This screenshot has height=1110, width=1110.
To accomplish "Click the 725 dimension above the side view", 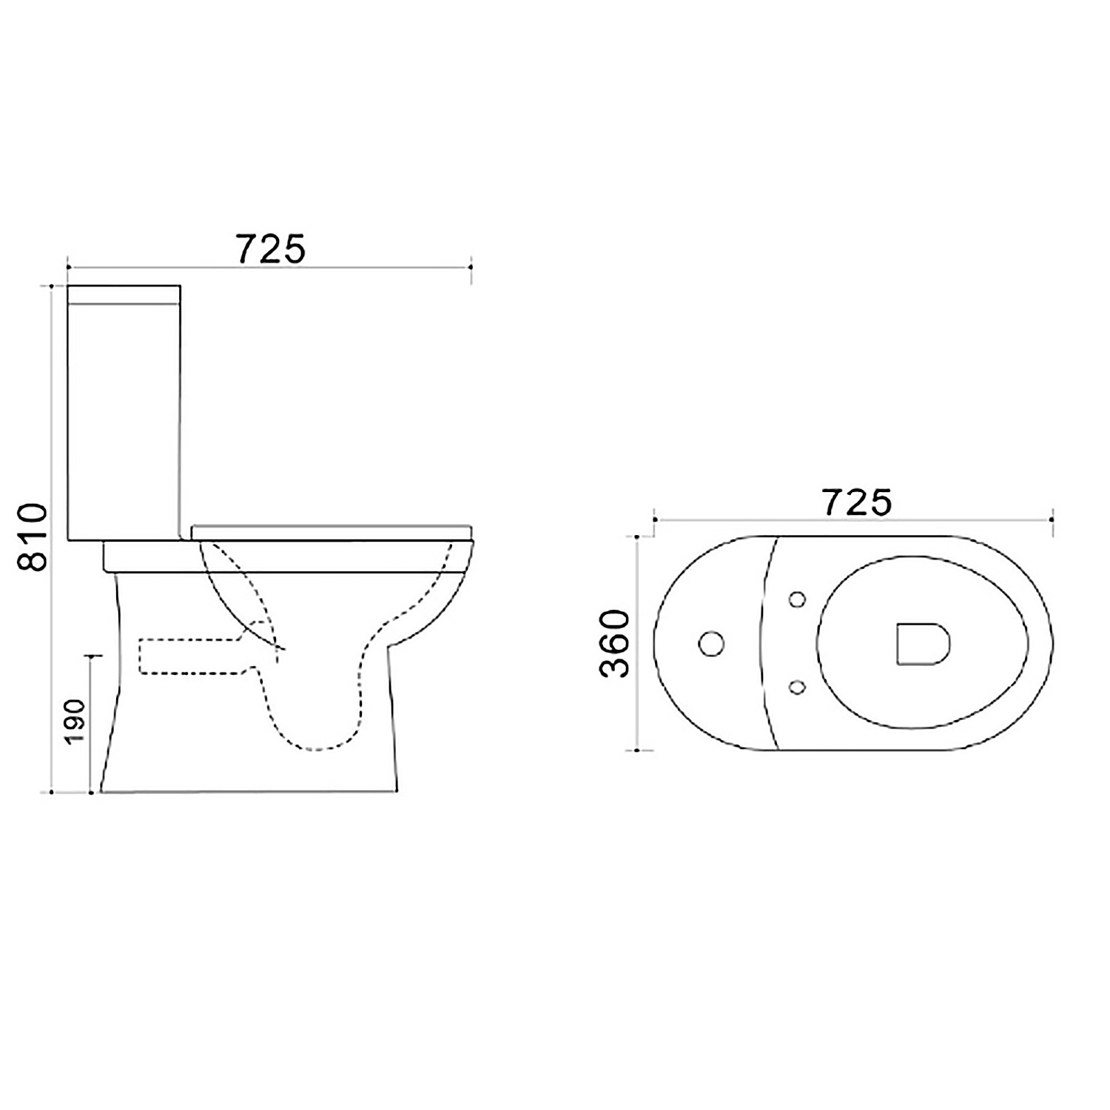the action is tap(271, 249).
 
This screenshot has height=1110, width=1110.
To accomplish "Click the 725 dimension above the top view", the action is tap(858, 503).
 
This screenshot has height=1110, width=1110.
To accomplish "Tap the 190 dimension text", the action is tap(76, 721).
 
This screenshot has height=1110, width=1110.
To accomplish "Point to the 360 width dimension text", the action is tap(614, 643).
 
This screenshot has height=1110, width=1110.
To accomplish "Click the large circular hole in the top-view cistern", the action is tap(711, 644).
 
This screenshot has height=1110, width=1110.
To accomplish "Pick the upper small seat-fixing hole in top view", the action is tap(798, 599).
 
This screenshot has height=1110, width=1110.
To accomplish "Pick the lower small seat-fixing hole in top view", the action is tap(797, 687).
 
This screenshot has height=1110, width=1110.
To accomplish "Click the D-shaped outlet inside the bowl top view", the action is tap(923, 643).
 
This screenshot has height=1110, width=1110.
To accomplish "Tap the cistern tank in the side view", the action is tap(124, 413).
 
